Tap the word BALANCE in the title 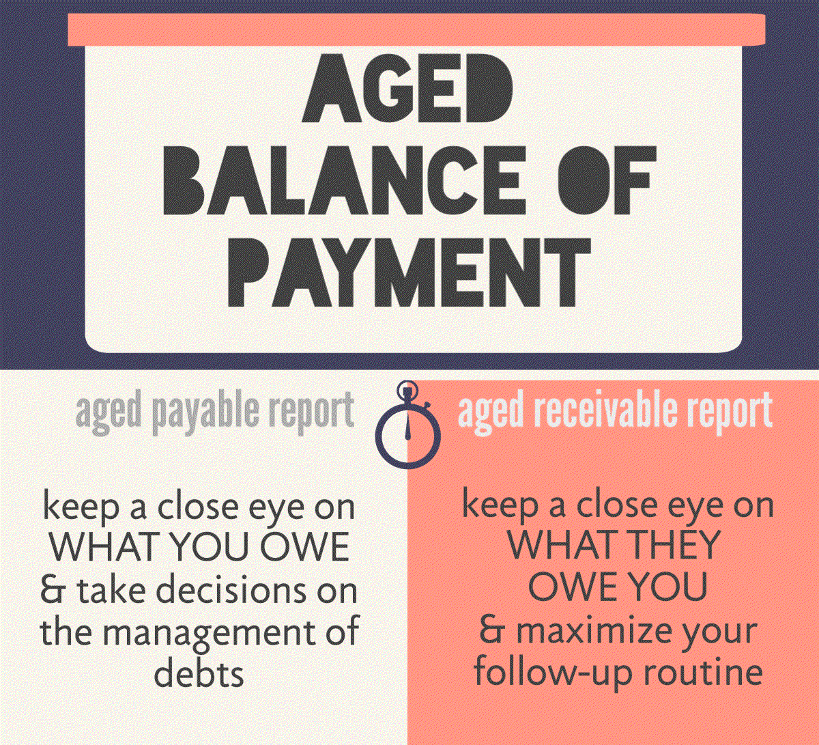point(344,181)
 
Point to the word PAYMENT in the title point(409,272)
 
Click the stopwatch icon point(407,424)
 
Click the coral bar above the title point(416,30)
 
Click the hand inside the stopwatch point(407,428)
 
